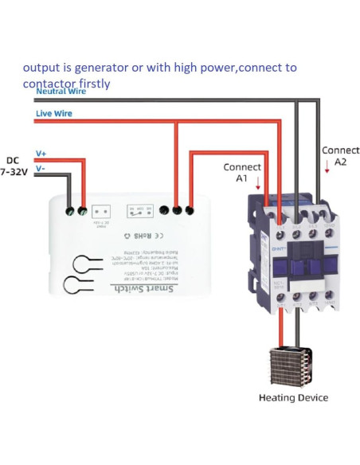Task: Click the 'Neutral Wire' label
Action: point(61,92)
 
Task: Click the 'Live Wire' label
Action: point(54,114)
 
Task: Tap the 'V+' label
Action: point(41,152)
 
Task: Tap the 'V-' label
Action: point(41,169)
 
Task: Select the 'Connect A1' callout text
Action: point(242,173)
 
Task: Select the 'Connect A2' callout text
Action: point(340,155)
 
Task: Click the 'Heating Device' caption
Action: point(293,397)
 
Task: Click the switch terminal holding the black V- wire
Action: point(69,211)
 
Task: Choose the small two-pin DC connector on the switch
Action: point(102,212)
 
